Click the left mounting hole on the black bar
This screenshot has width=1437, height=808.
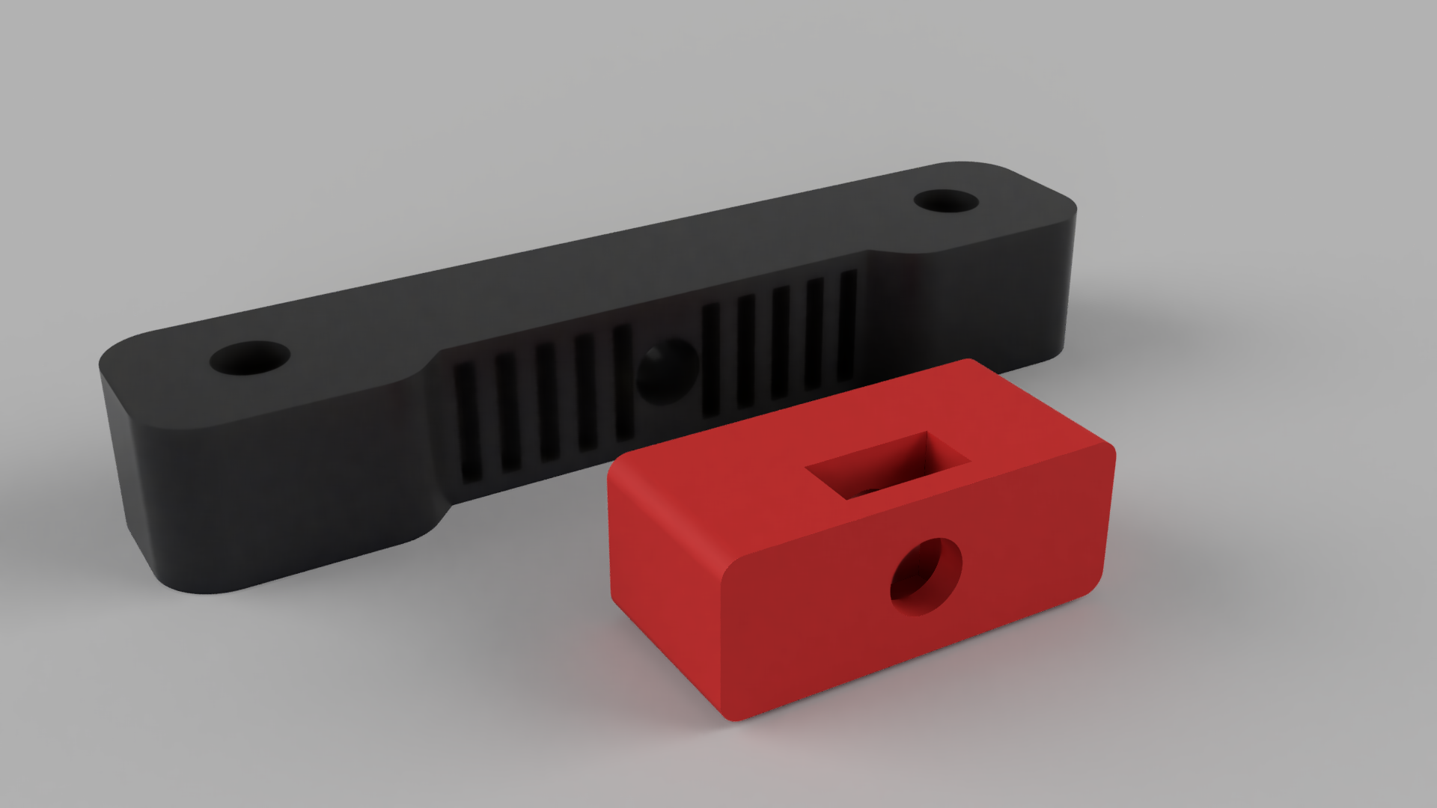pos(250,358)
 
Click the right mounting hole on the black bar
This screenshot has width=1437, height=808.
pos(946,201)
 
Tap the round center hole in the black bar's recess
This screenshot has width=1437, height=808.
pos(665,372)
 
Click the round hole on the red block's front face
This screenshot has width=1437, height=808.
pos(926,577)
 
